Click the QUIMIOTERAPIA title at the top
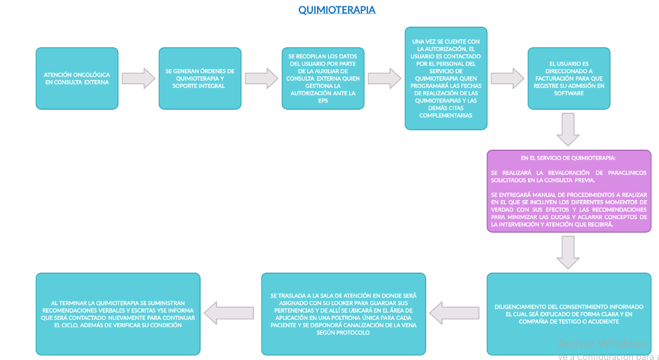coord(336,10)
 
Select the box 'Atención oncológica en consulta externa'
coord(77,78)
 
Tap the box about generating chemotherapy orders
coord(199,78)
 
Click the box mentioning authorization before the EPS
coord(323,78)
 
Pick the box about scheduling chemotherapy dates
coord(446,78)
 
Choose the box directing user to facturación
coord(569,78)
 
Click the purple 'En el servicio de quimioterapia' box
coord(569,191)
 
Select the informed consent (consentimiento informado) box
coord(569,314)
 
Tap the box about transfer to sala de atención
coord(343,314)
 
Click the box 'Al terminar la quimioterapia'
coord(118,314)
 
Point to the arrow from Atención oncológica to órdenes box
coord(138,78)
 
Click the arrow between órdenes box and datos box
coord(261,78)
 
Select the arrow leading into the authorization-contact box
coord(384,78)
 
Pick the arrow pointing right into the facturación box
coord(507,78)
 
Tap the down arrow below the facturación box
coord(568,130)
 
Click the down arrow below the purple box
coord(568,252)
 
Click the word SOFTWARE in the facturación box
coord(569,93)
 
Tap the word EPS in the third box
coord(323,101)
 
